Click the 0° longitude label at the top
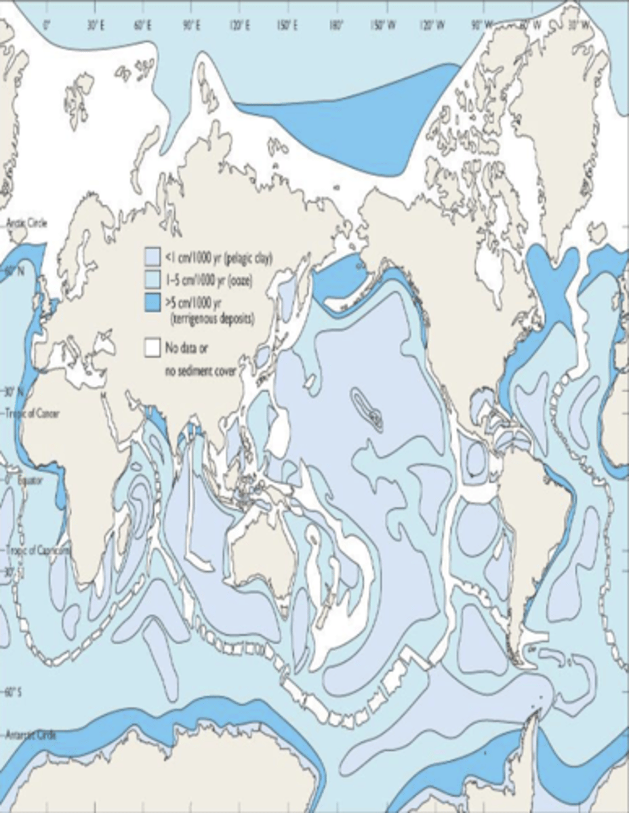46,26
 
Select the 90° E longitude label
190,26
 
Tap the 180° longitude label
334,26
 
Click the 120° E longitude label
239,26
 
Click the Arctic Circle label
27,222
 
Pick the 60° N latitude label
15,270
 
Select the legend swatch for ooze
151,278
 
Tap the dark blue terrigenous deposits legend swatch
151,299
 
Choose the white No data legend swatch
151,349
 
